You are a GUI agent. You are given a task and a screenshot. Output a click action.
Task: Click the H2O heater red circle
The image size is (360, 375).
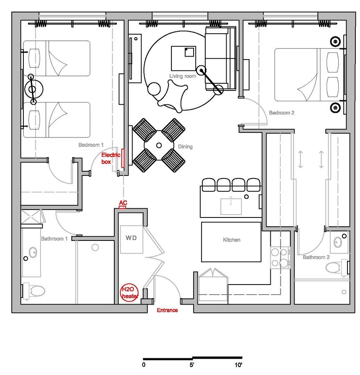(129, 292)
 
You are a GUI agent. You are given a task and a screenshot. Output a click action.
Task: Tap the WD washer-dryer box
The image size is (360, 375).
(131, 237)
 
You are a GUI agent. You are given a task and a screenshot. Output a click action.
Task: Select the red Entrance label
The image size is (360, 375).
(167, 310)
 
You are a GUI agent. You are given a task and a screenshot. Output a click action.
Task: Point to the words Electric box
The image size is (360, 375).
(111, 158)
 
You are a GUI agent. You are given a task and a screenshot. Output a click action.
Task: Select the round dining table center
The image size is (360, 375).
(159, 145)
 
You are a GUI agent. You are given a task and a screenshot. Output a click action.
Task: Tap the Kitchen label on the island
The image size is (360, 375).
(232, 240)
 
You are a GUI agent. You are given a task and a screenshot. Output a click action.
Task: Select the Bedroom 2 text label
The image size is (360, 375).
(282, 113)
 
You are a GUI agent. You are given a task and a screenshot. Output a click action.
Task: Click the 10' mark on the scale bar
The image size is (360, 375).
(238, 365)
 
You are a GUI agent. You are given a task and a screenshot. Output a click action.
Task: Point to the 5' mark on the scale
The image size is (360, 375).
(192, 365)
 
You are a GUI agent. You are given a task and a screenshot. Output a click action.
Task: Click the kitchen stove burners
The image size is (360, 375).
(280, 257)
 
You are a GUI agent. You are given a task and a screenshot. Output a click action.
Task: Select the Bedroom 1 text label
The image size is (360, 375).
(91, 145)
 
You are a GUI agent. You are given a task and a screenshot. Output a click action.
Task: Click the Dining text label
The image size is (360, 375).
(185, 147)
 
